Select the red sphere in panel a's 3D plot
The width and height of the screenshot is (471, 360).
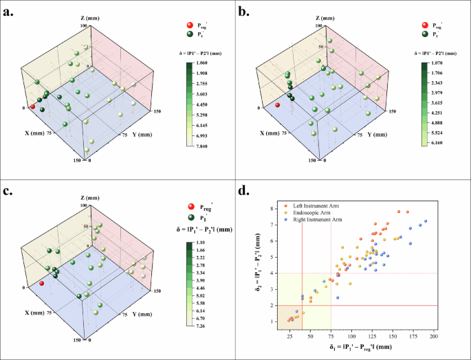(32, 106)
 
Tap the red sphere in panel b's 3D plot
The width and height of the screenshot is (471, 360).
(277, 105)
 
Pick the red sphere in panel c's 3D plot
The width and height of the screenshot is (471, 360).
(42, 283)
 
